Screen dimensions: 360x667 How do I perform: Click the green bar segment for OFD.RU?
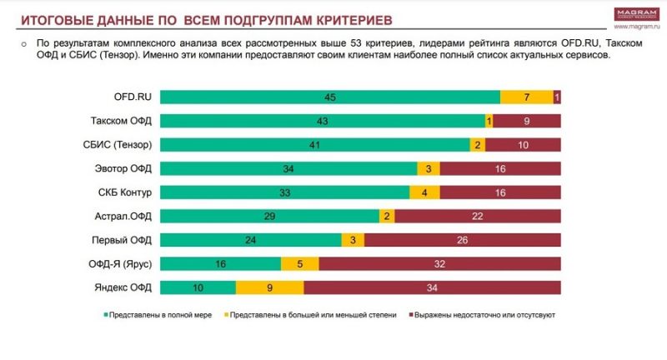pos(329,97)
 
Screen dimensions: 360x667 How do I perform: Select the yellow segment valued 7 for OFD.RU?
pos(527,97)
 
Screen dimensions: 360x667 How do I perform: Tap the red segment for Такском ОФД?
pos(527,121)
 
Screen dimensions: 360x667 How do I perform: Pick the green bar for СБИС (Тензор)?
pos(314,144)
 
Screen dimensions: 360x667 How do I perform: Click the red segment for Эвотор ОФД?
pos(500,168)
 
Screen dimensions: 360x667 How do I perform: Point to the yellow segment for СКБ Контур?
pos(425,192)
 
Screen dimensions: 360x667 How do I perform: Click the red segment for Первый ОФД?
pos(463,241)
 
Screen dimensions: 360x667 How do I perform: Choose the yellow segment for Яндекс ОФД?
pos(269,288)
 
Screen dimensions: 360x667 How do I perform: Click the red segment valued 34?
pos(432,288)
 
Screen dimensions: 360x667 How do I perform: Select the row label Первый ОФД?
pos(123,241)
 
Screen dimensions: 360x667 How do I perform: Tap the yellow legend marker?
pos(225,316)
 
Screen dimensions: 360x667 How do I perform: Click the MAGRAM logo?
pos(636,13)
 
